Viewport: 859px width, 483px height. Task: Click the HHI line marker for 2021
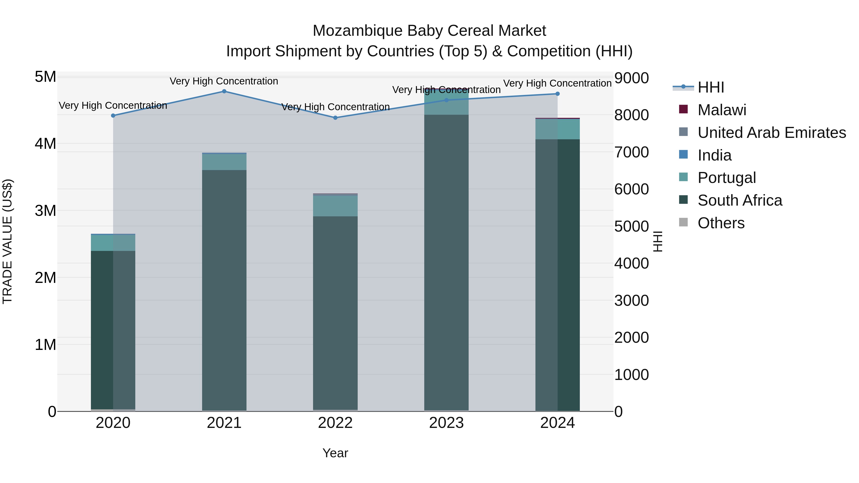224,91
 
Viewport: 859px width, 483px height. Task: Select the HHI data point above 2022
335,118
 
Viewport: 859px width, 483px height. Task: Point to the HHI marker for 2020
113,116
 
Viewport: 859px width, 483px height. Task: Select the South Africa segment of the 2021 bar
224,290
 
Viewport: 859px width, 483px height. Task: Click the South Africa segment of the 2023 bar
446,263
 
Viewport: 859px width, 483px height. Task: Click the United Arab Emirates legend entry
771,133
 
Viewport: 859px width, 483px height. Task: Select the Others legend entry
721,223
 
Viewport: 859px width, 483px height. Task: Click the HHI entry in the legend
710,87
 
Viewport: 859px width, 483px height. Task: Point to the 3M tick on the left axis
45,211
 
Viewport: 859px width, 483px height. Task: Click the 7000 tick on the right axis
631,152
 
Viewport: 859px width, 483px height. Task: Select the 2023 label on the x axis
446,423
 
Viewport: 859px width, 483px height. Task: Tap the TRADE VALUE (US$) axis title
8,241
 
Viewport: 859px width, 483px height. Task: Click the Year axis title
335,453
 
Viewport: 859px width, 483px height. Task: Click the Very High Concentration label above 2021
224,81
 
